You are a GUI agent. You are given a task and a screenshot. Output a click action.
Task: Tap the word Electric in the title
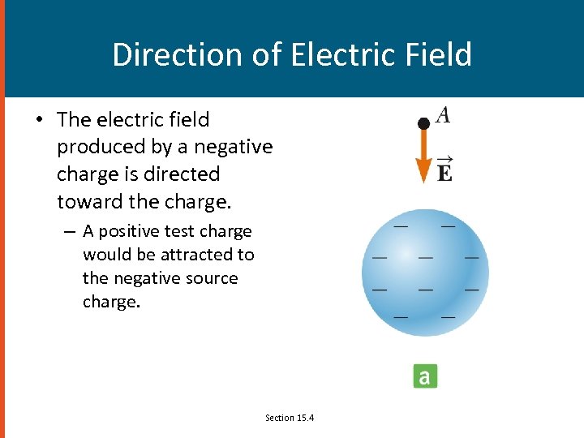(x=324, y=54)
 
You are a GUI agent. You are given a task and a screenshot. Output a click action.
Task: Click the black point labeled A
(x=423, y=123)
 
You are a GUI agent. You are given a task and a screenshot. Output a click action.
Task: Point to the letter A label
(x=443, y=115)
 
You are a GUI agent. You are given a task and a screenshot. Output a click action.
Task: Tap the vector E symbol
(x=444, y=170)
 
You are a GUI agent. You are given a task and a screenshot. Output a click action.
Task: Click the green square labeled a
(x=425, y=376)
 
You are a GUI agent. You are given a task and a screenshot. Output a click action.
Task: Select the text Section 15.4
(x=290, y=418)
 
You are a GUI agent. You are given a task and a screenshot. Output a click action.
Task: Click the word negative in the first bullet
(x=234, y=147)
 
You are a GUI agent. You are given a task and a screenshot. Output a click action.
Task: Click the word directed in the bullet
(x=182, y=174)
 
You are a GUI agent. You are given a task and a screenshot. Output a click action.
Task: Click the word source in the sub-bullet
(x=211, y=278)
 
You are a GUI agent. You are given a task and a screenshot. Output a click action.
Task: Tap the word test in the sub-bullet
(x=188, y=231)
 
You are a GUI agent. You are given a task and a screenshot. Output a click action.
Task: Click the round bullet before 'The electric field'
(x=38, y=120)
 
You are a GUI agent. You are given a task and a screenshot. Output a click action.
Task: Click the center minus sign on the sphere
(x=424, y=258)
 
